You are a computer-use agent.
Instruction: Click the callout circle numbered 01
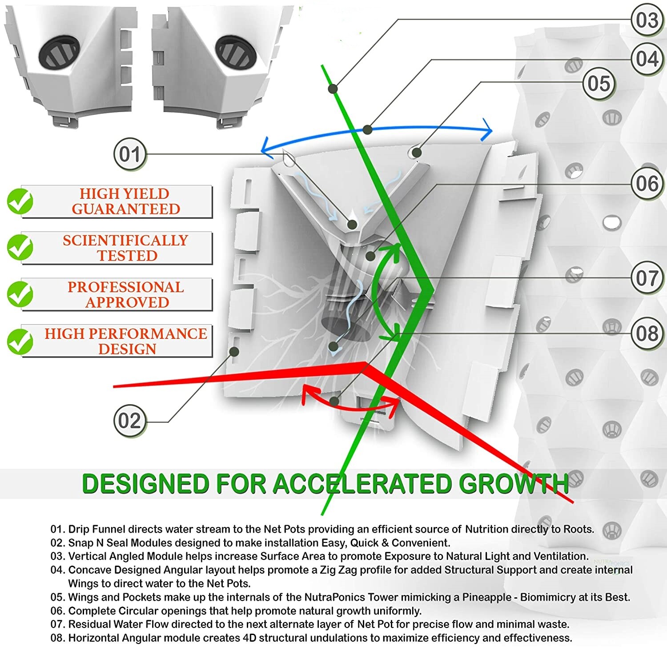click(130, 154)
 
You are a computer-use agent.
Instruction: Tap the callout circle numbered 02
click(129, 421)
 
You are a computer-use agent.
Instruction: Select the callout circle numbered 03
click(647, 20)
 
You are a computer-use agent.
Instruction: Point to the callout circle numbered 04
click(647, 59)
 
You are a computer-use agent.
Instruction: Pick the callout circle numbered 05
click(599, 83)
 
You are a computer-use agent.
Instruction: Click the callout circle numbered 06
click(647, 183)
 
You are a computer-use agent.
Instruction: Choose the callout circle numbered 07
click(647, 278)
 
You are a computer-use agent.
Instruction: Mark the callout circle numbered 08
click(647, 333)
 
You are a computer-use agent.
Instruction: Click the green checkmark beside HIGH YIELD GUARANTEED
click(20, 201)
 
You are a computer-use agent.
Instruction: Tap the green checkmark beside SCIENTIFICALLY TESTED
click(20, 247)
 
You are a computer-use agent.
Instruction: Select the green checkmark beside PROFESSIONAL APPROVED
click(20, 294)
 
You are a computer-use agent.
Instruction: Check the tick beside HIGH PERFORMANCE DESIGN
click(20, 341)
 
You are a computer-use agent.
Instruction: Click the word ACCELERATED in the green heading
click(363, 484)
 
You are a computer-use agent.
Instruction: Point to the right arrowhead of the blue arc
click(488, 130)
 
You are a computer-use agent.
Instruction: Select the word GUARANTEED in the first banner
click(126, 209)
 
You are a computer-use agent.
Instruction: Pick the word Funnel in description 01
click(108, 529)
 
